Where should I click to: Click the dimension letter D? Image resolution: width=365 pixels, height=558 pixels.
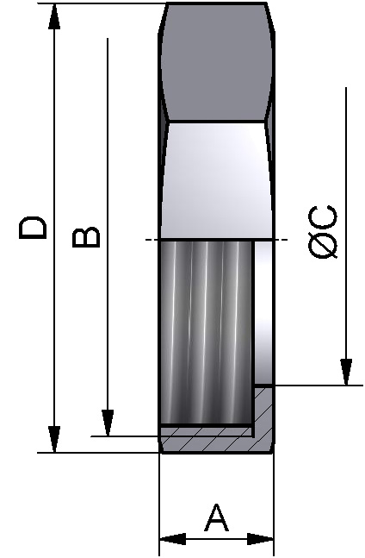(x=34, y=228)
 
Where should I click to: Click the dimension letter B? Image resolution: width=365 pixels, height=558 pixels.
(x=86, y=237)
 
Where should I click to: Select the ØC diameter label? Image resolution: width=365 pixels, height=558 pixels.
(x=323, y=233)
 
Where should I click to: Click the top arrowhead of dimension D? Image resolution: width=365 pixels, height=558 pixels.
(x=55, y=16)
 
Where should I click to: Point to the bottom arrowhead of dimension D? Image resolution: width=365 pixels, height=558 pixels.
(x=55, y=438)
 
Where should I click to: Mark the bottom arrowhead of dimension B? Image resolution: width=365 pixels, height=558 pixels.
(x=108, y=423)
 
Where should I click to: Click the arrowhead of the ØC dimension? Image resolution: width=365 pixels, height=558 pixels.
(x=345, y=372)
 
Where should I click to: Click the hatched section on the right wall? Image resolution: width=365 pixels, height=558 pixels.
(x=264, y=414)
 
